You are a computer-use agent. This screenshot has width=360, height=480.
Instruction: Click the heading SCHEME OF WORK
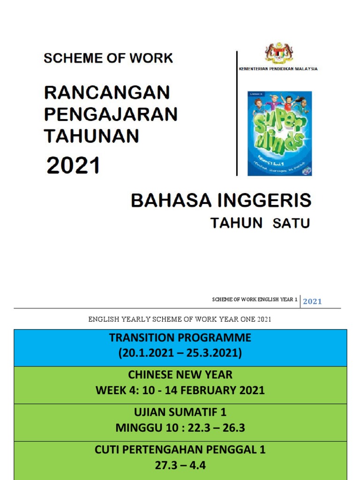[108, 59]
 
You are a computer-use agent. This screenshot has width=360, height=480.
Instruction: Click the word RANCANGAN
[107, 92]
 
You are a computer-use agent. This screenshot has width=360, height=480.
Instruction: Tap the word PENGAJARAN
[111, 114]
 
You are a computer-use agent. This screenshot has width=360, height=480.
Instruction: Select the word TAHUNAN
[92, 135]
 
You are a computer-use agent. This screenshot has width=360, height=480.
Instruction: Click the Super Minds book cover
[280, 134]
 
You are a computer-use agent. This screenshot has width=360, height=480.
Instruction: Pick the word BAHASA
[169, 201]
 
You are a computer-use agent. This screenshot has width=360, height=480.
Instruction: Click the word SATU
[291, 223]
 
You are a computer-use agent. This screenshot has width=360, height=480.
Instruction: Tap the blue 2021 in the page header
[312, 301]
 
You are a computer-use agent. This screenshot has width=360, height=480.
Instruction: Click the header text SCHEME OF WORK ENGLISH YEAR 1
[255, 300]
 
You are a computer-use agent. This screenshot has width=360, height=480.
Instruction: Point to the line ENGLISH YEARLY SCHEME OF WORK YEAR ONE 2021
[180, 320]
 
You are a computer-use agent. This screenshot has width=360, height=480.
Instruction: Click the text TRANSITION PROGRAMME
[180, 338]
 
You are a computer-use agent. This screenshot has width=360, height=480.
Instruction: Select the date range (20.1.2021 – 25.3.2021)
[180, 353]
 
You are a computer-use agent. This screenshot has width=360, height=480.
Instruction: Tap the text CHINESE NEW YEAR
[180, 375]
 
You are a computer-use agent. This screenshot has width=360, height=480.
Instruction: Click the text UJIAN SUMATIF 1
[180, 412]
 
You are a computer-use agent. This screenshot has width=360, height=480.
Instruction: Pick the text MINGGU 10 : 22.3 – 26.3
[180, 428]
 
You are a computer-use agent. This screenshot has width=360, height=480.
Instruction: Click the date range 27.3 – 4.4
[180, 465]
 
